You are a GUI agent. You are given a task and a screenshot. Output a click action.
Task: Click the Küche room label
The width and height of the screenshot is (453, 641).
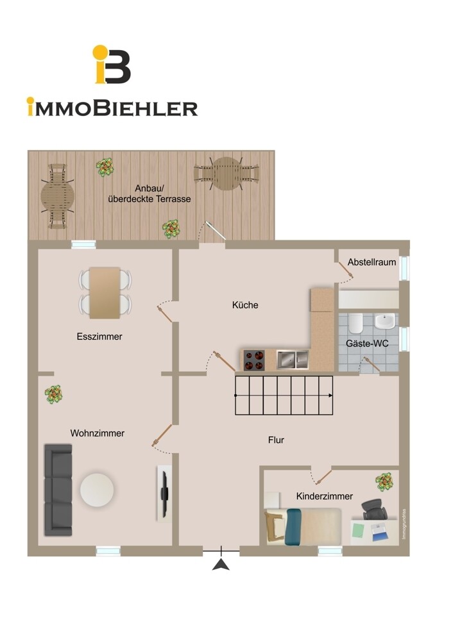coord(245,305)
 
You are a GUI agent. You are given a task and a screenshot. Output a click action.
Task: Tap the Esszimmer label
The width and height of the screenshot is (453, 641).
coord(99,337)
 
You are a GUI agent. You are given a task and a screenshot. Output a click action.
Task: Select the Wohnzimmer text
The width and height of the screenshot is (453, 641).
coord(98,433)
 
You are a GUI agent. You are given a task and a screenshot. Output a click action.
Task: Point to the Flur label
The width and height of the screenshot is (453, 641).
coord(276,440)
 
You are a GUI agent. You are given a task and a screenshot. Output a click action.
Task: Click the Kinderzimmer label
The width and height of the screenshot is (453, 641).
coord(325,496)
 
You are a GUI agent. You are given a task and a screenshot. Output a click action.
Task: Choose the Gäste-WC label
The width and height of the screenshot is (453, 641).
coord(367,344)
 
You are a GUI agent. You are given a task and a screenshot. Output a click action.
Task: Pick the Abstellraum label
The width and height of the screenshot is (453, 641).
coord(372,262)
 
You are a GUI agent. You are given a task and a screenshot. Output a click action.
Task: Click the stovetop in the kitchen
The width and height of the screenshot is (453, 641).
coord(253,360)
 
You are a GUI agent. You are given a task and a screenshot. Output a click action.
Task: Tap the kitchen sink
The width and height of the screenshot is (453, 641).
coord(292,360)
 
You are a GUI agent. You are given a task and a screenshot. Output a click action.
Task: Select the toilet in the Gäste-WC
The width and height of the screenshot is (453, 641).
coord(355,323)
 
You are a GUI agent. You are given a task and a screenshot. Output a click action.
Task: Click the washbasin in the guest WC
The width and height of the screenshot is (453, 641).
coord(385,321)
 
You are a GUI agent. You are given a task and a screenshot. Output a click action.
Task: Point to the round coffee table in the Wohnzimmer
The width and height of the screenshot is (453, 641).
coord(97,490)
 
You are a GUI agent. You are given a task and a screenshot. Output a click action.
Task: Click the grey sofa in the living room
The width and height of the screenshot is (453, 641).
coord(58,490)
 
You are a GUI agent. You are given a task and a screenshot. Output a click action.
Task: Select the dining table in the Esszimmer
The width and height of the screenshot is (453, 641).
coord(105,293)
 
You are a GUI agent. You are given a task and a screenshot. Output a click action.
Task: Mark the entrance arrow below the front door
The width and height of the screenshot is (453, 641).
coord(221,565)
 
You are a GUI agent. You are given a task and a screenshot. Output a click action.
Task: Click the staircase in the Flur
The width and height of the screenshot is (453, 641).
coord(284,395)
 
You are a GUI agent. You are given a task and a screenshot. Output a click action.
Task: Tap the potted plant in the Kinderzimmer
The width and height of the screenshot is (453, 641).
coord(384,482)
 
